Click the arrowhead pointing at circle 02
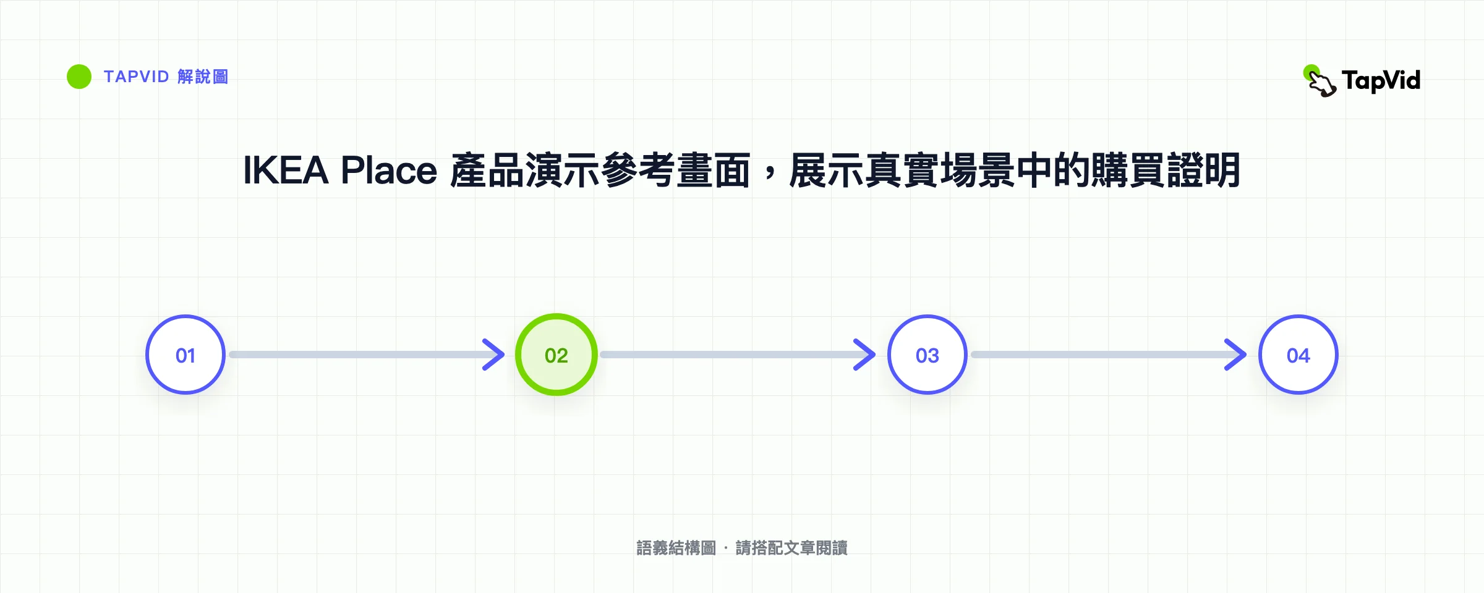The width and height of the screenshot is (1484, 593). pos(495,355)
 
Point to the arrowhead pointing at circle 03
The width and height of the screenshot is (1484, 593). pos(866,355)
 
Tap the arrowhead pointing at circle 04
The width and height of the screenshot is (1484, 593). pos(1237,355)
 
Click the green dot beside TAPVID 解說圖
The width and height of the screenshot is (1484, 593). pos(79,77)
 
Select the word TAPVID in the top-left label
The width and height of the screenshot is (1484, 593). pos(136,77)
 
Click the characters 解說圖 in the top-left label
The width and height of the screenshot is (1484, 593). pos(203,77)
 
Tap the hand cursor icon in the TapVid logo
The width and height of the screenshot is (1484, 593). pos(1320,81)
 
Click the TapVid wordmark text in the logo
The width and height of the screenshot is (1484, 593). pos(1381,80)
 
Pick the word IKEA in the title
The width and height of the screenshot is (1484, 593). pos(285,170)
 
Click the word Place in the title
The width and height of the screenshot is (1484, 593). pos(389,170)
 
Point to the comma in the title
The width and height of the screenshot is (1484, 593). pos(770,175)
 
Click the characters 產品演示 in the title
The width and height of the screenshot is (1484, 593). pos(525,170)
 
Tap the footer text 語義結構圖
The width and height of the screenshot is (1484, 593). pos(676,548)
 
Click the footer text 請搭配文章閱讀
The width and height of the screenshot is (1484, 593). pos(791,548)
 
